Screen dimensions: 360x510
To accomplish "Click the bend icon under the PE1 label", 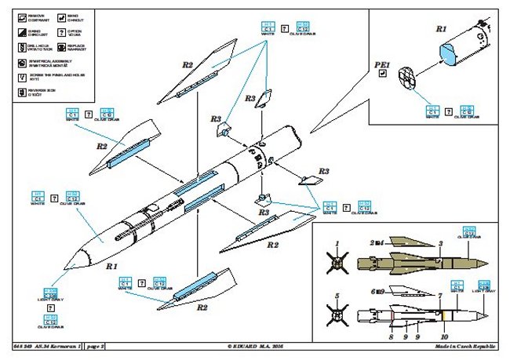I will point(381,75).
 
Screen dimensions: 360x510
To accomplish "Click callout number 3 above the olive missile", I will point(441,244).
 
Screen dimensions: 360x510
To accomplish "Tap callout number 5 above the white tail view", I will point(337,296).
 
